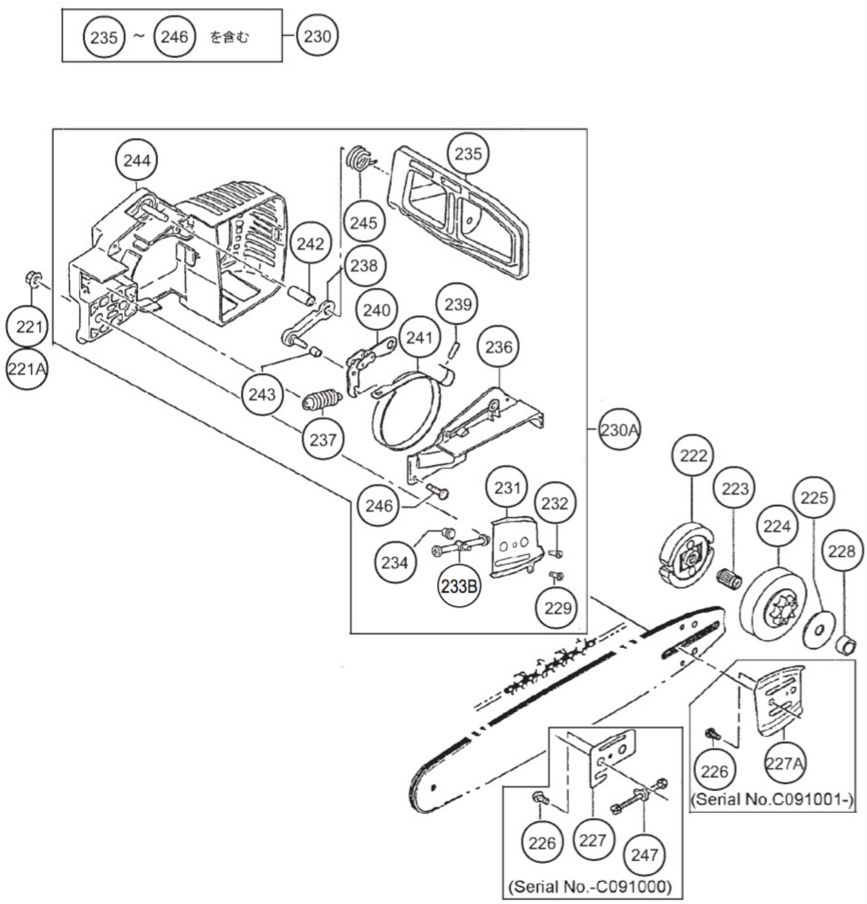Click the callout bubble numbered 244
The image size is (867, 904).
(x=137, y=161)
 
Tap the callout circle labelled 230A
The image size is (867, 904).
(x=619, y=430)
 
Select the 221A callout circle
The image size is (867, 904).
(x=27, y=369)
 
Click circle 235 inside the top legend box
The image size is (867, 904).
(x=104, y=37)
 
